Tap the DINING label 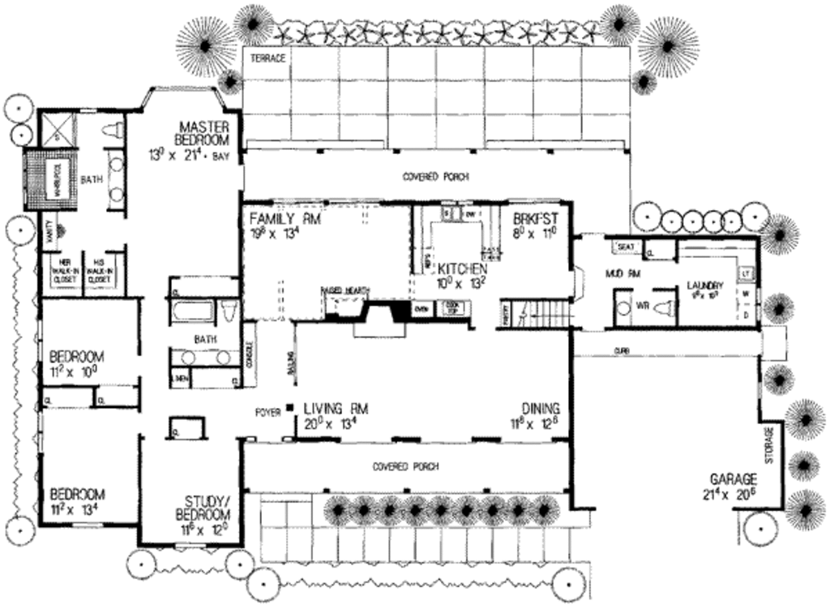point(541,409)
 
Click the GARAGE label point(734,478)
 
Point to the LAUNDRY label point(705,285)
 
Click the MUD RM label point(623,275)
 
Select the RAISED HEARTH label point(343,290)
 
